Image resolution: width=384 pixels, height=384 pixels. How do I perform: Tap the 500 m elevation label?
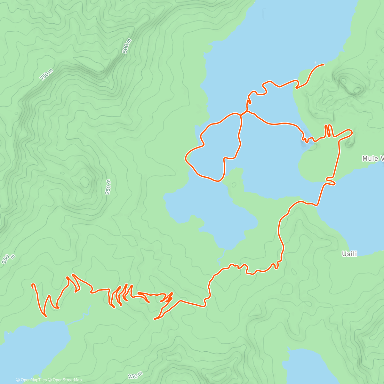click(x=127, y=46)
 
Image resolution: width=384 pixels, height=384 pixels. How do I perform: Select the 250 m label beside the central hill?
click(x=108, y=187)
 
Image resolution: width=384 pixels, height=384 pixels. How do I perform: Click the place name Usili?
click(x=349, y=254)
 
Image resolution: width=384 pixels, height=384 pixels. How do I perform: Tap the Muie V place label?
click(x=373, y=158)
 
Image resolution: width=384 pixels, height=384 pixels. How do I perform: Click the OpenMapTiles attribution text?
click(x=31, y=380)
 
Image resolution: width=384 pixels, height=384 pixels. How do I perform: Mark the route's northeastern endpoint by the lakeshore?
click(x=324, y=65)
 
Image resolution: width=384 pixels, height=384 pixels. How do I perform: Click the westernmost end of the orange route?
click(x=32, y=284)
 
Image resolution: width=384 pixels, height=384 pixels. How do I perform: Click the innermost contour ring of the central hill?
click(x=84, y=182)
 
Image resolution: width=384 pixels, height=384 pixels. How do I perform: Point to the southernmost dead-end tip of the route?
click(x=155, y=319)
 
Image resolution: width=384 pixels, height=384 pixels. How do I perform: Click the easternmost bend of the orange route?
click(x=352, y=132)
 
